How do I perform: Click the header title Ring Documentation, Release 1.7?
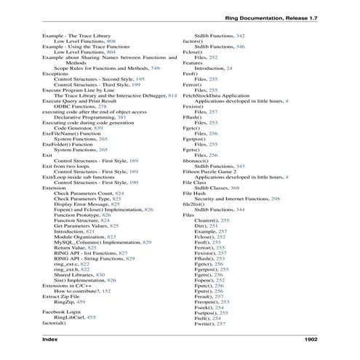[x=271, y=16]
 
